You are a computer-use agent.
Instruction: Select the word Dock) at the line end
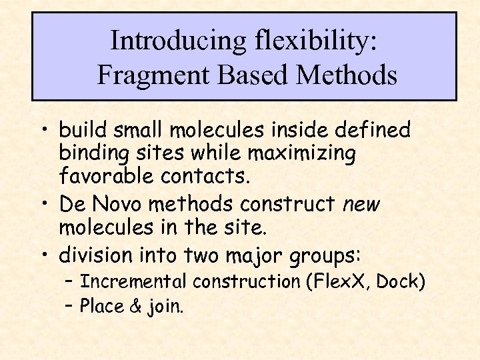pos(401,281)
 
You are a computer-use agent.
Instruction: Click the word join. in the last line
pos(165,307)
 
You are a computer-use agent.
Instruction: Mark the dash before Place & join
pos(70,307)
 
